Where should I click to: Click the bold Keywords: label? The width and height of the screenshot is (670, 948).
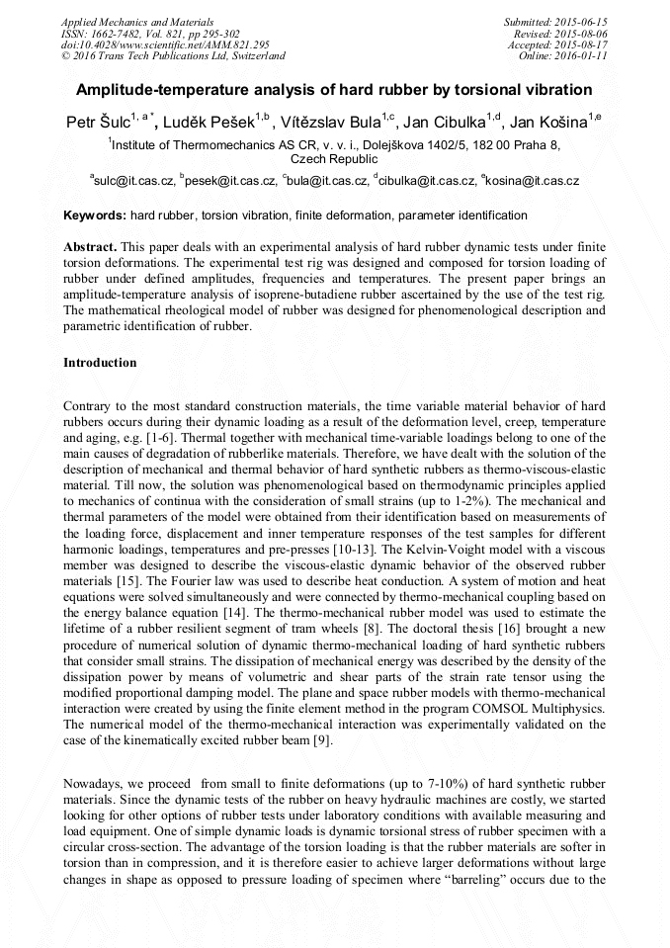click(95, 215)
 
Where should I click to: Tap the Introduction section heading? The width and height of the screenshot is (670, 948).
click(100, 363)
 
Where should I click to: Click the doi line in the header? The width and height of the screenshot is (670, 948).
click(156, 44)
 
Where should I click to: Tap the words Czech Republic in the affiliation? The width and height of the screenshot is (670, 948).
click(334, 158)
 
